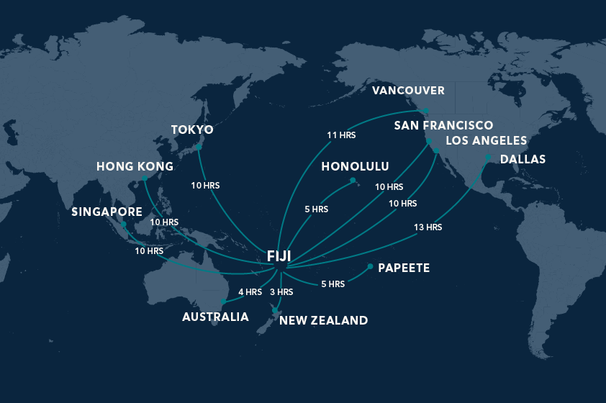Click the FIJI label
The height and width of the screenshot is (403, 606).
pyautogui.click(x=279, y=256)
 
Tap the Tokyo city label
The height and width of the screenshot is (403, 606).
pyautogui.click(x=192, y=130)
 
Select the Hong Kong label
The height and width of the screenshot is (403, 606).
pyautogui.click(x=135, y=166)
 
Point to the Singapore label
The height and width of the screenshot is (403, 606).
pyautogui.click(x=107, y=212)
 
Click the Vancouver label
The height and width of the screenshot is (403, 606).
pyautogui.click(x=408, y=91)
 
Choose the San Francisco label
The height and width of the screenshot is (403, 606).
pyautogui.click(x=443, y=126)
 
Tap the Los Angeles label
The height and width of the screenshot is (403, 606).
pyautogui.click(x=487, y=140)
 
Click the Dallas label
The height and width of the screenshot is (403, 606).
pyautogui.click(x=523, y=159)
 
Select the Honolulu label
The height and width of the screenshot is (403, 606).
pyautogui.click(x=355, y=167)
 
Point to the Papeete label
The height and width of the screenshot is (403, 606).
pyautogui.click(x=404, y=268)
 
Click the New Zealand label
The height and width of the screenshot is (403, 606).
pyautogui.click(x=323, y=320)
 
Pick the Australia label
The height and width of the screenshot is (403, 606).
pyautogui.click(x=215, y=317)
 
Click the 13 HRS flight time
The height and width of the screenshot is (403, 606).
pyautogui.click(x=428, y=227)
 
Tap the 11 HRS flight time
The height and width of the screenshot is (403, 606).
pyautogui.click(x=341, y=135)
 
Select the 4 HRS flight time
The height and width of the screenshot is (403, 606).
pyautogui.click(x=250, y=292)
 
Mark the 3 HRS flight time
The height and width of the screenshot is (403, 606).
pyautogui.click(x=281, y=292)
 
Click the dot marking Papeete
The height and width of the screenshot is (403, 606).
pyautogui.click(x=370, y=267)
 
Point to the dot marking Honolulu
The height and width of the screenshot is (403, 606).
pyautogui.click(x=353, y=181)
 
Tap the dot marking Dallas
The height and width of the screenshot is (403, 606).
pyautogui.click(x=488, y=157)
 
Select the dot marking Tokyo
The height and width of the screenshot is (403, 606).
pyautogui.click(x=198, y=148)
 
